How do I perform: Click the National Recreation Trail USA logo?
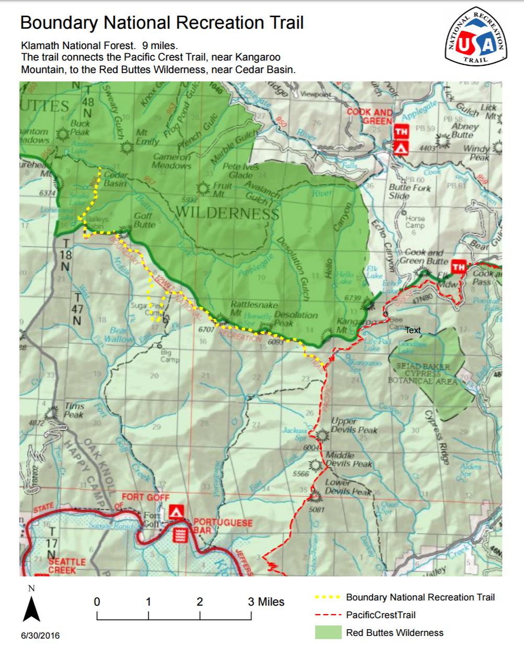[475, 37]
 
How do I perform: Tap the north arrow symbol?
[31, 608]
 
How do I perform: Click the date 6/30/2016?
[40, 635]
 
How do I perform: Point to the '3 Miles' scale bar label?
[266, 602]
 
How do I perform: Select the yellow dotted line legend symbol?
[328, 597]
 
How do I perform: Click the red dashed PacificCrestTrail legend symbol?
[328, 615]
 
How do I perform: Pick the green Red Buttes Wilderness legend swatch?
[328, 632]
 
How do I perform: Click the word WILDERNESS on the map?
[227, 213]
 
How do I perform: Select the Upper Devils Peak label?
[354, 426]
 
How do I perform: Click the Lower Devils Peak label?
[347, 487]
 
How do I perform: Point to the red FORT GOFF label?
[145, 497]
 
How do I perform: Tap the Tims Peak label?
[74, 410]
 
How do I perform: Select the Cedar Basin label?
[115, 179]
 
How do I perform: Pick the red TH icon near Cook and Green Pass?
[458, 267]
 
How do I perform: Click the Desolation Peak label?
[296, 319]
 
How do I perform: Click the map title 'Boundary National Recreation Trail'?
[161, 23]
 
